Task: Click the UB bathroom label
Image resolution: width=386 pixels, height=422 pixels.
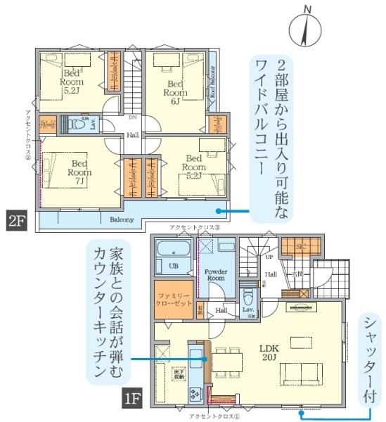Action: (x=174, y=265)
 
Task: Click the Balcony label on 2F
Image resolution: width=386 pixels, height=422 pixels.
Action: (x=122, y=219)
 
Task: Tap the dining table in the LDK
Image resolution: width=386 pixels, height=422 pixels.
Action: (x=226, y=363)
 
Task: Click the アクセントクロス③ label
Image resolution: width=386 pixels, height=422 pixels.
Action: (x=195, y=229)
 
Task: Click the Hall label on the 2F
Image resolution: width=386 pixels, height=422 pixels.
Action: (x=132, y=134)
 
